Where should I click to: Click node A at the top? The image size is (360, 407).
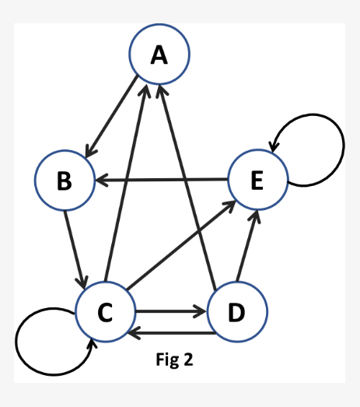coord(159,54)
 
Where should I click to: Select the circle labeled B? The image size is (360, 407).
coord(65,181)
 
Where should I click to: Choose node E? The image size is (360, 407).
coord(257,180)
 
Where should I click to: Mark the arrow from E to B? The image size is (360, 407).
coord(163,181)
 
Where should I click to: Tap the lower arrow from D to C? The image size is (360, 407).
coord(171,333)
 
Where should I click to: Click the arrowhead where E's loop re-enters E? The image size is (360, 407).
coord(272,146)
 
